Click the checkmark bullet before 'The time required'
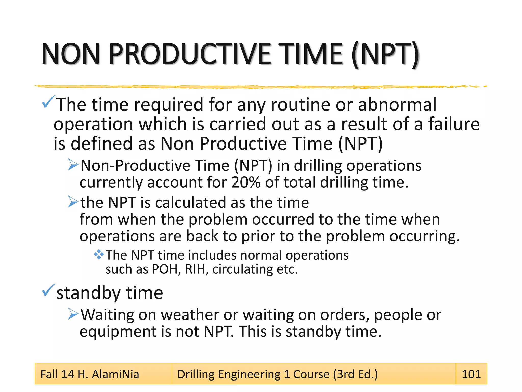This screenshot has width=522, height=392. pos(48,102)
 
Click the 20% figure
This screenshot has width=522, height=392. pos(246,182)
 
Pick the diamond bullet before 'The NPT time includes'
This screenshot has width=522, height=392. pos(99,254)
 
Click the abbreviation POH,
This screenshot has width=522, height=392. pos(166,269)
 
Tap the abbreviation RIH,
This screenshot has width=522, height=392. pos(197,269)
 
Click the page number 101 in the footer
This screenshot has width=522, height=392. pos(471,374)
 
